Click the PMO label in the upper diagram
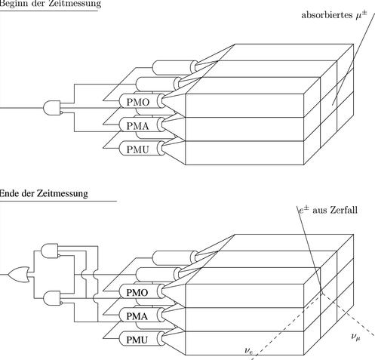pos(138,102)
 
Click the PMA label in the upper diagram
pos(138,126)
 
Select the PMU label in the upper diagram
pos(138,149)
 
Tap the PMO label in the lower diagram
pos(137,293)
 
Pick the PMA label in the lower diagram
pos(137,316)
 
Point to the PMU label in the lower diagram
pos(137,340)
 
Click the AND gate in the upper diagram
pos(52,108)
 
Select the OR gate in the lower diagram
pos(19,274)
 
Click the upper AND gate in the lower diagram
pos(51,251)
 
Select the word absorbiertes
pos(327,15)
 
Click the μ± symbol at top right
pos(361,14)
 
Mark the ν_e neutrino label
pos(248,350)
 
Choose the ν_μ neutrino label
pos(356,337)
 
